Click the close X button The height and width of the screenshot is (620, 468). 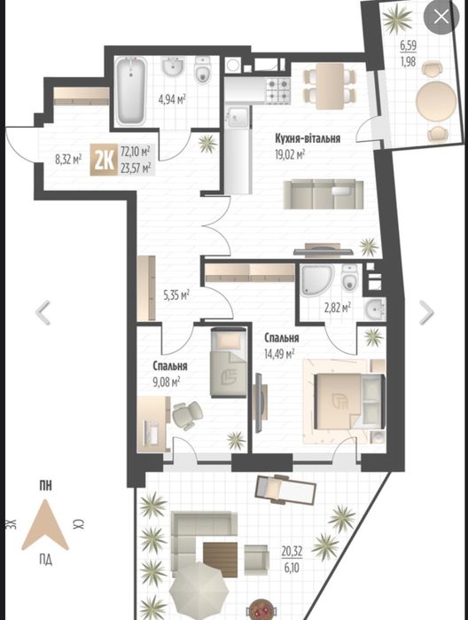click(441, 17)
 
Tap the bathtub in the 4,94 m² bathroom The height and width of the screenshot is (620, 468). click(130, 90)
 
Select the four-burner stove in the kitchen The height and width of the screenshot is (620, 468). click(278, 90)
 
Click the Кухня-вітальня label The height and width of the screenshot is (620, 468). click(308, 138)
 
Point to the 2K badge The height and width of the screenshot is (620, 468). click(104, 160)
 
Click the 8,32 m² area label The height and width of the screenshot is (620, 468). click(68, 160)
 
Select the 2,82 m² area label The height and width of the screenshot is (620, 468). click(337, 307)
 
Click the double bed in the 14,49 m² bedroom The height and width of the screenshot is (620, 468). click(344, 401)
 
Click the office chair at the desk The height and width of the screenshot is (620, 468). click(186, 415)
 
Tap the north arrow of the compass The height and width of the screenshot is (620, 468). click(44, 525)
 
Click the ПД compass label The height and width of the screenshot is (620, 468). click(45, 560)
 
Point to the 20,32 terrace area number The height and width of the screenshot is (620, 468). click(292, 551)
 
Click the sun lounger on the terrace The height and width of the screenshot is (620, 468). click(285, 489)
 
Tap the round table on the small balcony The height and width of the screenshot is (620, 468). click(436, 101)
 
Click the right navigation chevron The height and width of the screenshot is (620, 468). click(427, 312)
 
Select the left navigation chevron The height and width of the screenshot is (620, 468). click(43, 312)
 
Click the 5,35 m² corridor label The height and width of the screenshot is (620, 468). click(176, 294)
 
